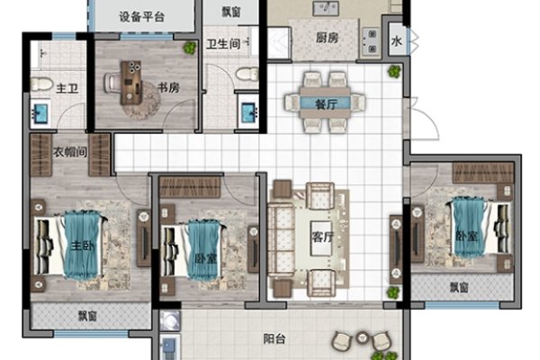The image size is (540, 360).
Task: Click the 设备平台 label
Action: click(x=141, y=16)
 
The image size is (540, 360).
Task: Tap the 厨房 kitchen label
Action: click(x=327, y=38)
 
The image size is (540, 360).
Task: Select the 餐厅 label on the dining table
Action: click(x=326, y=103)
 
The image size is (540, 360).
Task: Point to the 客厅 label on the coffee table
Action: click(x=323, y=237)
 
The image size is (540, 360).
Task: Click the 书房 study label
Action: click(x=168, y=87)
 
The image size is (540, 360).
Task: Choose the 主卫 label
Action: click(x=67, y=88)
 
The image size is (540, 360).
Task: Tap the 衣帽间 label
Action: click(x=70, y=152)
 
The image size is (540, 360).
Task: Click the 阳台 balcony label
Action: click(x=274, y=339)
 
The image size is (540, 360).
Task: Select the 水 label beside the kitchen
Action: click(x=397, y=41)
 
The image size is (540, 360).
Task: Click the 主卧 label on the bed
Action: click(x=82, y=246)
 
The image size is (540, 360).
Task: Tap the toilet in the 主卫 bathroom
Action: click(x=41, y=85)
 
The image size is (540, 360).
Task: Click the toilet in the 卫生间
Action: click(x=247, y=74)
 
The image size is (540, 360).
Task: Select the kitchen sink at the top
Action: click(x=326, y=8)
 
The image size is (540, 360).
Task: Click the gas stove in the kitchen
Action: click(x=371, y=41)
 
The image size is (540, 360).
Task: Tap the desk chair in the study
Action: click(x=112, y=83)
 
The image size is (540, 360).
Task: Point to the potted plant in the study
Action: click(x=190, y=48)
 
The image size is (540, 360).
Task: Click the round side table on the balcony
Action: click(x=363, y=337)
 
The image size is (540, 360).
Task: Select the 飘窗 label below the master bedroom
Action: click(x=87, y=316)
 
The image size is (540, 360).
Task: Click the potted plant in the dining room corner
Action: click(x=394, y=71)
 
